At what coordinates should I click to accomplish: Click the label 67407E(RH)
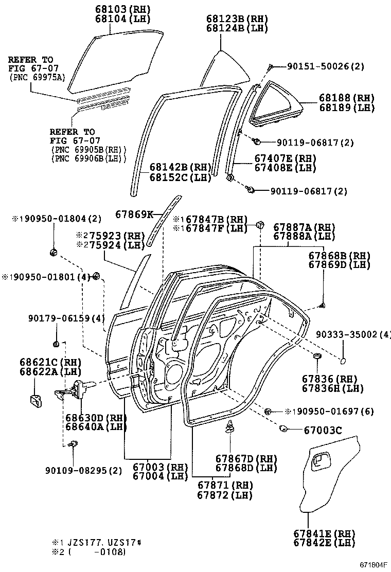[x=285, y=158]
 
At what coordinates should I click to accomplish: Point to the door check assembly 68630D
[x=77, y=389]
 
